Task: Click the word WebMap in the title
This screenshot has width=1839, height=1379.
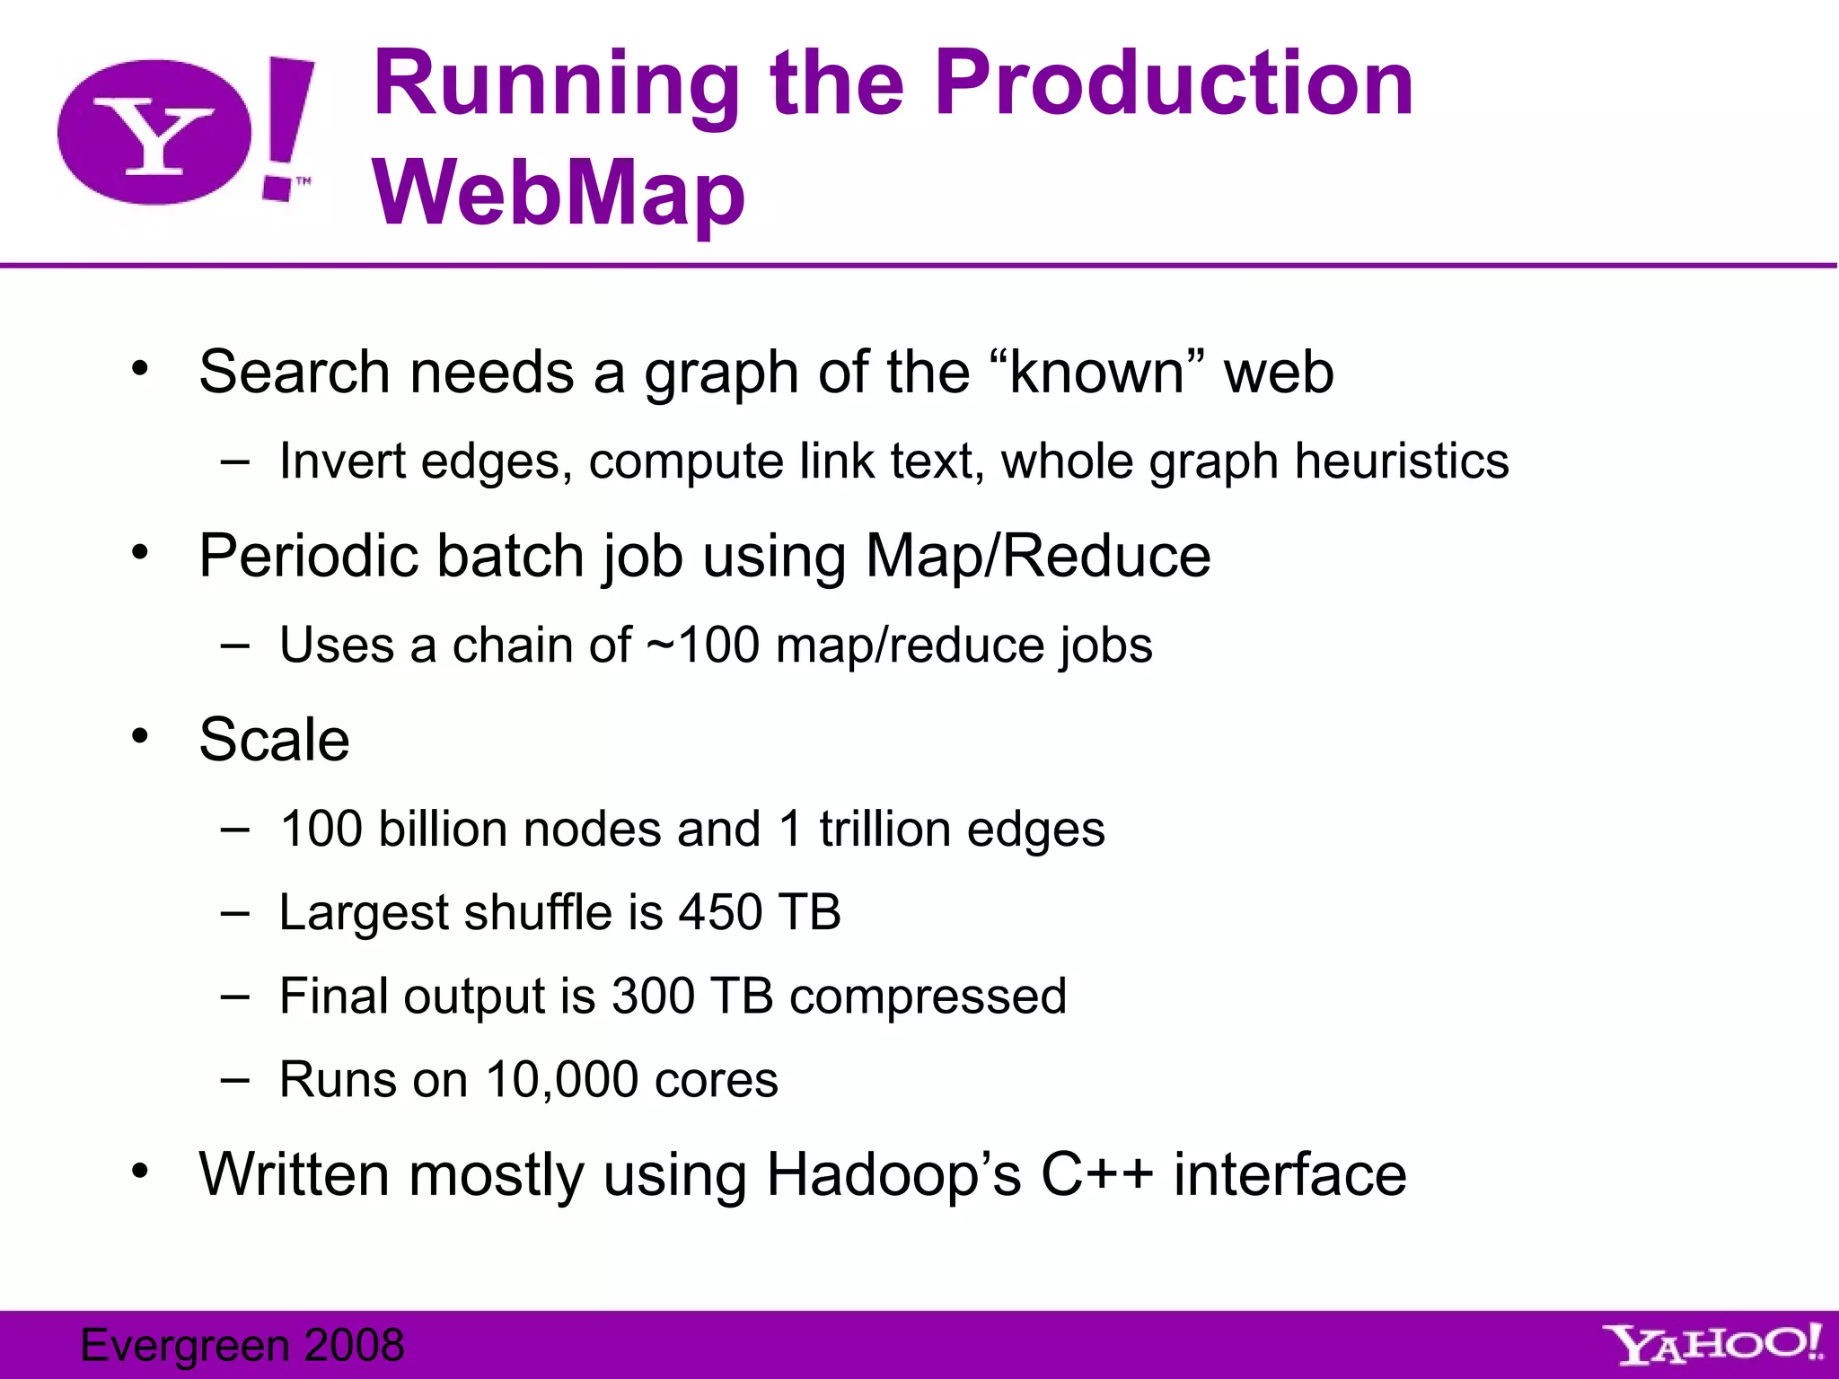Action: coord(559,193)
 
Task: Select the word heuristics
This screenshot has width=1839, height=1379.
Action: coord(1402,461)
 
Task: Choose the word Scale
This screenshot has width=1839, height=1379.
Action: coord(274,740)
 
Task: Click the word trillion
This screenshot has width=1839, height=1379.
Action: coord(884,829)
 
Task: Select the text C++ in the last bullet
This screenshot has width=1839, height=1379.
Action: coord(1096,1174)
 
